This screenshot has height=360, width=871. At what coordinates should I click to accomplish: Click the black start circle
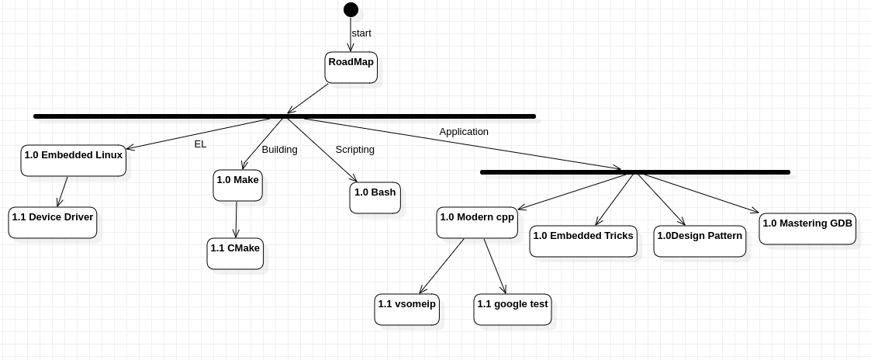(x=351, y=9)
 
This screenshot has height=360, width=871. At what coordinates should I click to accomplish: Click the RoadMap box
(x=351, y=67)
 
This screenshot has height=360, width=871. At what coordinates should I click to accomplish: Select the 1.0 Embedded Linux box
(x=74, y=161)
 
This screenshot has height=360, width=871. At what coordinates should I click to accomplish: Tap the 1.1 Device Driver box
(x=53, y=223)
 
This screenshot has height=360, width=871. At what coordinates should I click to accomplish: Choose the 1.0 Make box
(x=238, y=185)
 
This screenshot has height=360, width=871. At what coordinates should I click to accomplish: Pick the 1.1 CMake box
(x=235, y=254)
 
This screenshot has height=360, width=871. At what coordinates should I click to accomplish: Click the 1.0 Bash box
(x=375, y=198)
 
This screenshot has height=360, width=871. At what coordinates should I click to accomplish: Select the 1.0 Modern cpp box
(x=477, y=223)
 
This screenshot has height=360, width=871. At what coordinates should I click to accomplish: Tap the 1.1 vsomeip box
(x=407, y=310)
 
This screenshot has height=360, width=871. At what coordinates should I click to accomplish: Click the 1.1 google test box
(x=513, y=310)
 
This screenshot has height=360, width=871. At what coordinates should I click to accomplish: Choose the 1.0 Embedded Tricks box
(x=583, y=241)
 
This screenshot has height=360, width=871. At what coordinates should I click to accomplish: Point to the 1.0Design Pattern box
(x=700, y=241)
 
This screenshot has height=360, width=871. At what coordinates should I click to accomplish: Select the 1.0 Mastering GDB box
(x=807, y=229)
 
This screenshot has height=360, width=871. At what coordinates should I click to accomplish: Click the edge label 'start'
(x=361, y=33)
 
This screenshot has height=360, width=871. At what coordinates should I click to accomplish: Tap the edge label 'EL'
(x=200, y=144)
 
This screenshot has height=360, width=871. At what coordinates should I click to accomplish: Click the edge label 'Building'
(x=279, y=150)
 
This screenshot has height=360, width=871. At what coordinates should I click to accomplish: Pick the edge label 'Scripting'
(x=354, y=150)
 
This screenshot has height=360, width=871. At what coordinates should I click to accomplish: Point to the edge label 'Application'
(x=464, y=132)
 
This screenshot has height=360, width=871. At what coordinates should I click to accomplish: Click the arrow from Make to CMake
(x=237, y=220)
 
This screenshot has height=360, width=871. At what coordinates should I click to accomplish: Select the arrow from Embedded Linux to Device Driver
(x=63, y=192)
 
